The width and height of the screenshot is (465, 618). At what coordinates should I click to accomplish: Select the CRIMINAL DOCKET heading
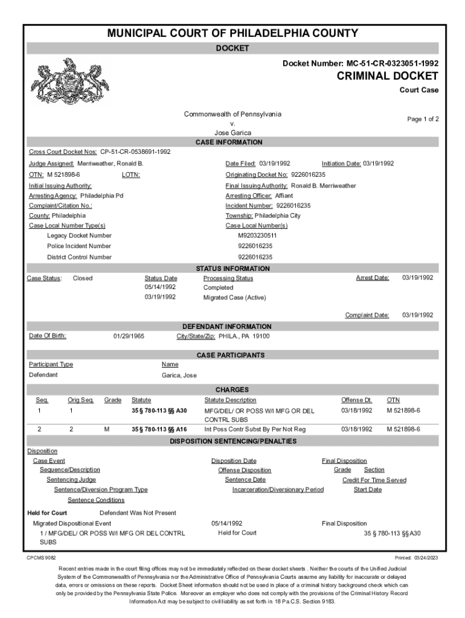[387, 76]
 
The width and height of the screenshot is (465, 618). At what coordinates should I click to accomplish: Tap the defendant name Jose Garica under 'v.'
[232, 133]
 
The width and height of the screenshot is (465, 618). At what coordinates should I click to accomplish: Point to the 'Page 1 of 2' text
[423, 119]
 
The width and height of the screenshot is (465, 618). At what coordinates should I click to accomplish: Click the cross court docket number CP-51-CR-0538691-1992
[135, 151]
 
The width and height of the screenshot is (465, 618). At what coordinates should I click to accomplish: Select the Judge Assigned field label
[51, 164]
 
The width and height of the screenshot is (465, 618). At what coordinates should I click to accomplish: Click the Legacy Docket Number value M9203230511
[257, 235]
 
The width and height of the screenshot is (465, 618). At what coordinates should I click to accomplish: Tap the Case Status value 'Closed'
[83, 278]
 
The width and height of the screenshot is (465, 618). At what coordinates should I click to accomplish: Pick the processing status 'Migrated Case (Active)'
[234, 298]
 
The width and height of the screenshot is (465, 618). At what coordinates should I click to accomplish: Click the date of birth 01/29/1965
[129, 336]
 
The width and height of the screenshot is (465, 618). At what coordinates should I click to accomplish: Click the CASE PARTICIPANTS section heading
[232, 355]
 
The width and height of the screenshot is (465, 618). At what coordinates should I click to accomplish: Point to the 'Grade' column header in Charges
[113, 400]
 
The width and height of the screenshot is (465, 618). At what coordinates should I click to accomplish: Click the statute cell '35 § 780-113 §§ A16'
[159, 429]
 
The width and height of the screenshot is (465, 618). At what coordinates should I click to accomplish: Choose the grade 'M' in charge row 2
[107, 429]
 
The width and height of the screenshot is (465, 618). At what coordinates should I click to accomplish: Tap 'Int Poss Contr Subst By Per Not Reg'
[255, 429]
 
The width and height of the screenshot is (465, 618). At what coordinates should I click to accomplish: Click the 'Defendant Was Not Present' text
[138, 513]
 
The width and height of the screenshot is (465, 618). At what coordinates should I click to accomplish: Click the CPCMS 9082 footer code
[42, 558]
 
